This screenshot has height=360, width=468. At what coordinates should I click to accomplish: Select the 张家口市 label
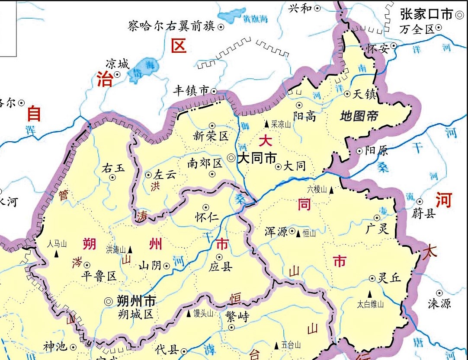click(x=426, y=15)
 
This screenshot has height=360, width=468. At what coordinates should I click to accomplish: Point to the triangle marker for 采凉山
click(x=266, y=124)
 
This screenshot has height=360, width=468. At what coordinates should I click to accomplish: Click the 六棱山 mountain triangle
click(x=331, y=190)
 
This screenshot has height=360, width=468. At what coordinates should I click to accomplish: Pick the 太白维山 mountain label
click(x=370, y=304)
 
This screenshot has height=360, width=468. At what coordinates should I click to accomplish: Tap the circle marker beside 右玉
click(x=112, y=177)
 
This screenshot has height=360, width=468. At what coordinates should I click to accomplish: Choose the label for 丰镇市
click(x=191, y=90)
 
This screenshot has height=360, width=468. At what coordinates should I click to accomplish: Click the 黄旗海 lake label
click(x=255, y=19)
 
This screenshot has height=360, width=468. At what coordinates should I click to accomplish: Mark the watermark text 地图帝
click(x=359, y=116)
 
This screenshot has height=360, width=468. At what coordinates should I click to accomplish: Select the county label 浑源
click(x=276, y=232)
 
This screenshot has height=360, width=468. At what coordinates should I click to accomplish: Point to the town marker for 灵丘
click(x=372, y=278)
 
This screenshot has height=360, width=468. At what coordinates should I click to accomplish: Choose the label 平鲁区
click(x=99, y=277)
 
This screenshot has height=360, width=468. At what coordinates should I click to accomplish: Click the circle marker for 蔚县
click(x=420, y=201)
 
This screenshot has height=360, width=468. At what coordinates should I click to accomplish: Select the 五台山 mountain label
click(x=291, y=345)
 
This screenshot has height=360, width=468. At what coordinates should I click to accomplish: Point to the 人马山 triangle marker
click(x=57, y=254)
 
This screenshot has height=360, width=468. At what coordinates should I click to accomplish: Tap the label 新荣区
click(x=211, y=137)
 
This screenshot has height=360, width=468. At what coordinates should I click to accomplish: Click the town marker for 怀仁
click(x=206, y=207)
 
